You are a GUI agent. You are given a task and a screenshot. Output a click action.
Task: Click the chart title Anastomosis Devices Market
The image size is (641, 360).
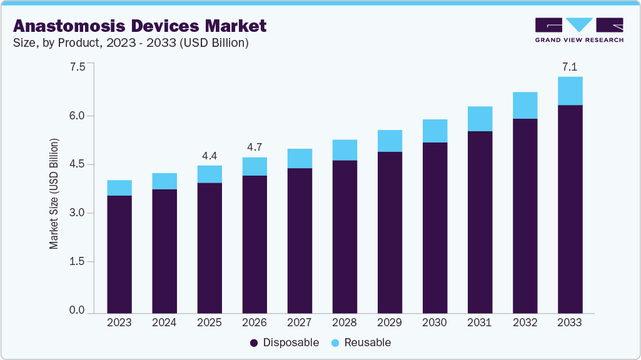click(139, 26)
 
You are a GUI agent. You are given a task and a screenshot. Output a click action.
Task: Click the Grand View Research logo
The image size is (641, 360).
click(579, 30)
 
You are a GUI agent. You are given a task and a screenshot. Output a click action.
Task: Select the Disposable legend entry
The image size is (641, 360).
click(285, 342)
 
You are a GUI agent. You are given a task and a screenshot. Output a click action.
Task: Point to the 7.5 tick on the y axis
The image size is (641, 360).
click(77, 67)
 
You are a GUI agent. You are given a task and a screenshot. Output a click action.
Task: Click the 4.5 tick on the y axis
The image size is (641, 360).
click(77, 164)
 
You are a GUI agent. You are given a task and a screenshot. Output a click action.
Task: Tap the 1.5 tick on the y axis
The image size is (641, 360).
click(77, 262)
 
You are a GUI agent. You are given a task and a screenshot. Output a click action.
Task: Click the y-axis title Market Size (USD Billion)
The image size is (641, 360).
click(54, 194)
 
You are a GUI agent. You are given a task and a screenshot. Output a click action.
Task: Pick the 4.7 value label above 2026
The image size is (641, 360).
click(255, 147)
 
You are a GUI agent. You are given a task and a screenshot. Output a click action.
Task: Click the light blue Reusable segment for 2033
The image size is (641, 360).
click(570, 91)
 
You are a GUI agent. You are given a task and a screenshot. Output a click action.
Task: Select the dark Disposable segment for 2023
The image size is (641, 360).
click(119, 254)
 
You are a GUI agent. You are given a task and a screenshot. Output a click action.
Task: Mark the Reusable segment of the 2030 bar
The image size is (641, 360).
click(435, 131)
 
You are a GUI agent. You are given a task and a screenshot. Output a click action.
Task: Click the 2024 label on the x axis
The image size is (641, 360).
click(164, 322)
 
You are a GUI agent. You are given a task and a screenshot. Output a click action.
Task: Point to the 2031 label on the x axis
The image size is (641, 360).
click(480, 322)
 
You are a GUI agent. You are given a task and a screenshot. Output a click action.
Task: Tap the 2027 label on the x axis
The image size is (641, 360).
click(300, 322)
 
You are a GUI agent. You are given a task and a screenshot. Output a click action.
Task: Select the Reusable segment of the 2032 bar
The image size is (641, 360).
click(525, 105)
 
